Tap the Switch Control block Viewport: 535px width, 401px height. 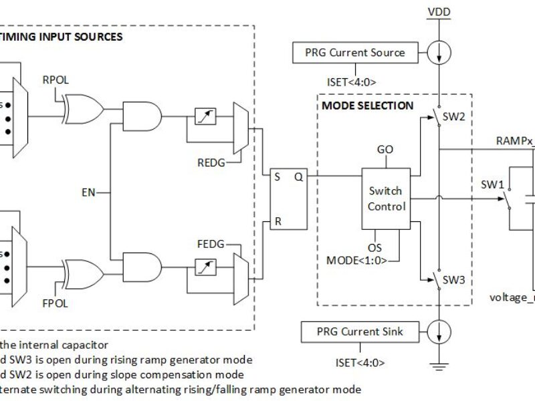[x=386, y=198]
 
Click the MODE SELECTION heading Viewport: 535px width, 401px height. [x=368, y=106]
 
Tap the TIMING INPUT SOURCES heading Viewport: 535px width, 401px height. [x=62, y=37]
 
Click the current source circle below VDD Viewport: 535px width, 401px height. [x=439, y=52]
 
